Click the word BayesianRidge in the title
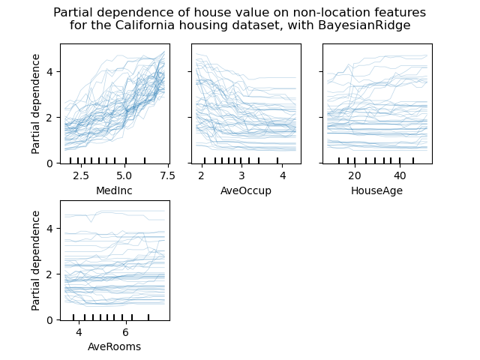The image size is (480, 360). tap(368, 25)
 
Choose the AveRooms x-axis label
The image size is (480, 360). tap(115, 346)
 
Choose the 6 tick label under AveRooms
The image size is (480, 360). tap(125, 332)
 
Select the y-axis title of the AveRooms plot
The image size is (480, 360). tap(36, 260)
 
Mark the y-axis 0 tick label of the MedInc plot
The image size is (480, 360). tap(49, 163)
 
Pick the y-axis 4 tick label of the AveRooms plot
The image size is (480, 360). tap(49, 229)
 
